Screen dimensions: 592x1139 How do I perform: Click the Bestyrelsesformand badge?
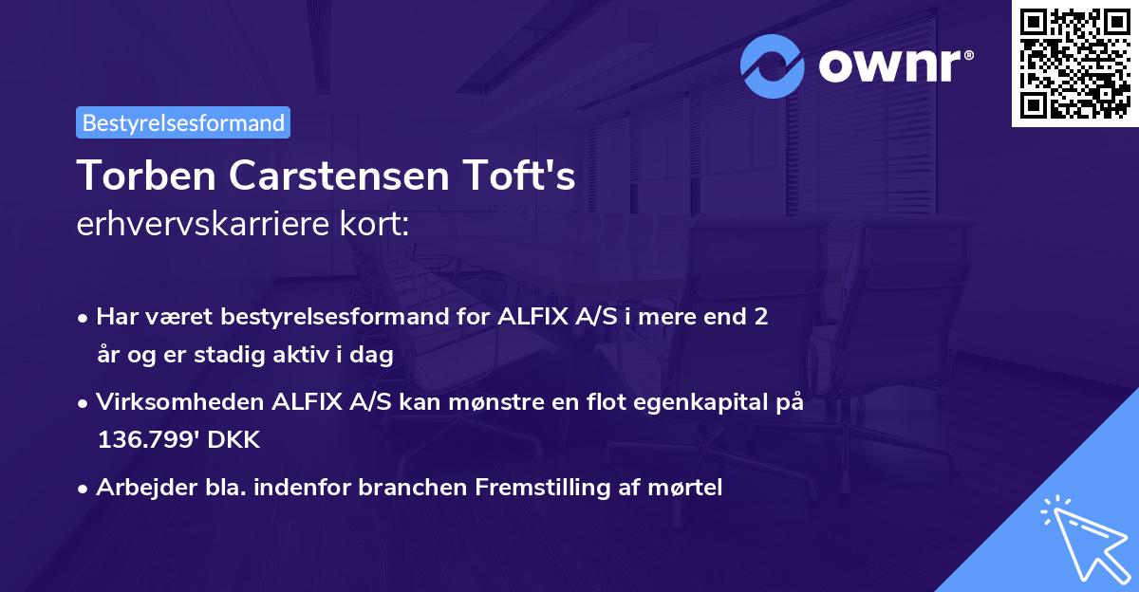pos(183,122)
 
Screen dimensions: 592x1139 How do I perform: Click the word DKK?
pos(233,440)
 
